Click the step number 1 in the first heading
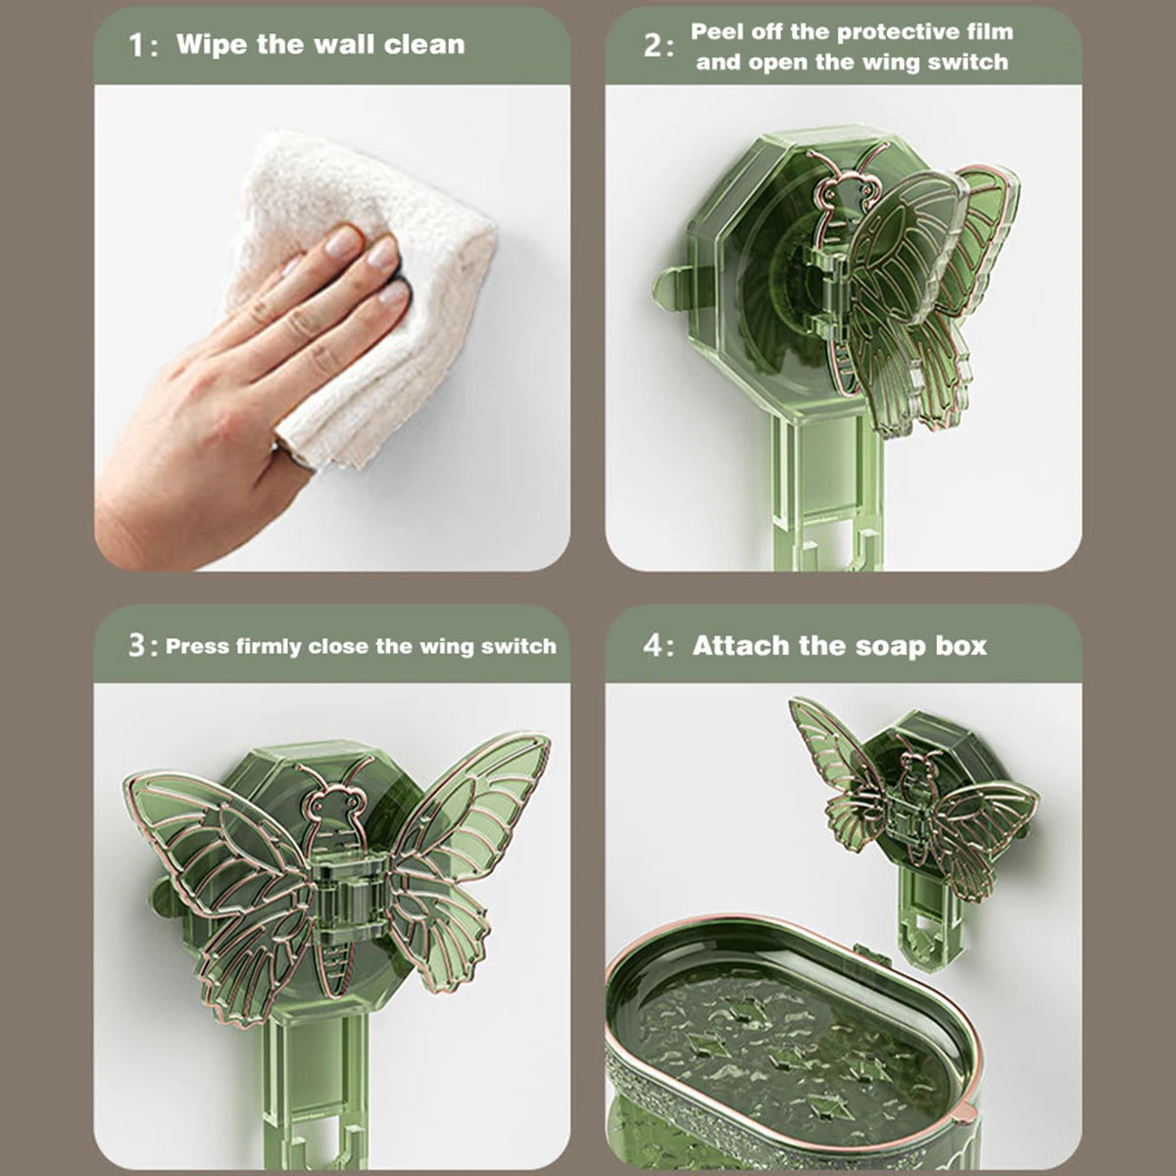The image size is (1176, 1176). click(137, 46)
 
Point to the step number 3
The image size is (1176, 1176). click(137, 647)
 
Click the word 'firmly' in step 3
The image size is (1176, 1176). click(269, 647)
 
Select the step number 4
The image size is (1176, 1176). click(653, 647)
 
